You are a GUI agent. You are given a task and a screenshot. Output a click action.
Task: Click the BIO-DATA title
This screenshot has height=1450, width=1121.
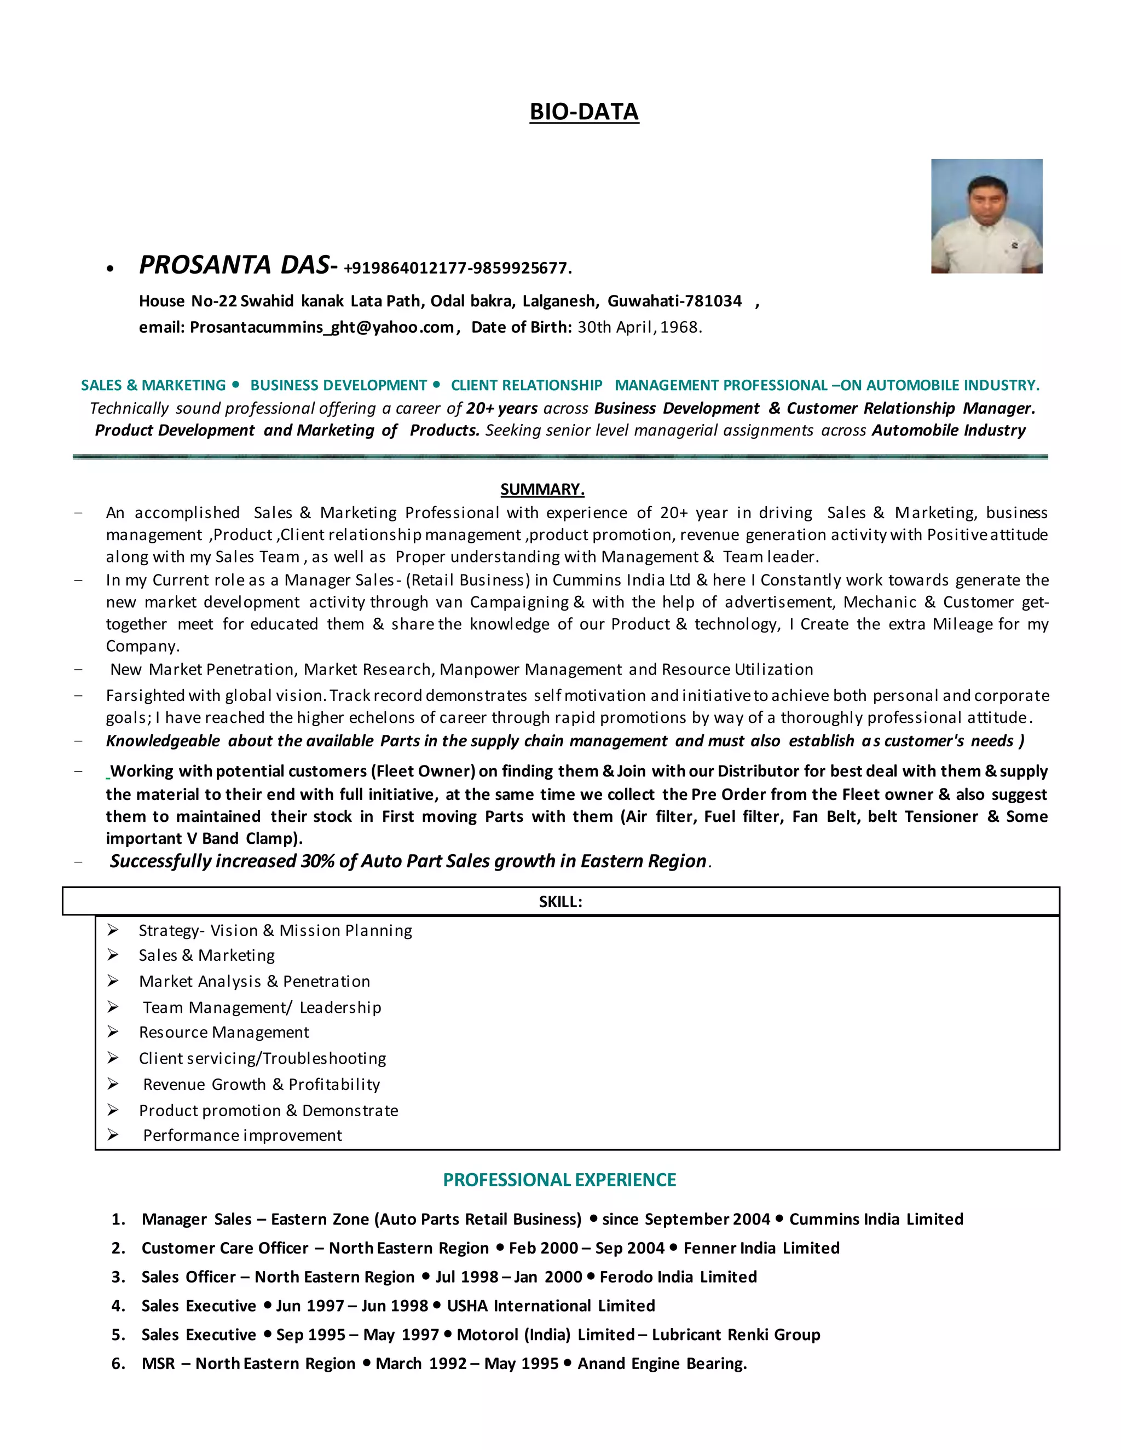point(583,112)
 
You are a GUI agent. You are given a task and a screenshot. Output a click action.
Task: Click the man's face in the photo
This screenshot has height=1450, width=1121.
point(987,202)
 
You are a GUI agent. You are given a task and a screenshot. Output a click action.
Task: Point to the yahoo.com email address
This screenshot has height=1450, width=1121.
point(321,327)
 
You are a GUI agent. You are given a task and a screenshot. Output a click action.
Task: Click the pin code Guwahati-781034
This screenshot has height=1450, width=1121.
point(674,301)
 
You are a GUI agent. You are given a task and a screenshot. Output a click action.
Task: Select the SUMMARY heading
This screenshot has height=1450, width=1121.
point(542,489)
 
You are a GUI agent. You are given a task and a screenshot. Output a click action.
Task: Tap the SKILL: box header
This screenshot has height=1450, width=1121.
point(560,902)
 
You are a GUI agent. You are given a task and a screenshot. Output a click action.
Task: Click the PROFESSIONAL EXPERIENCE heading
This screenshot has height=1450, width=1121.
point(559,1180)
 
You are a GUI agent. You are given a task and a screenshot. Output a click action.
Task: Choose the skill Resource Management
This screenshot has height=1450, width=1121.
point(224,1033)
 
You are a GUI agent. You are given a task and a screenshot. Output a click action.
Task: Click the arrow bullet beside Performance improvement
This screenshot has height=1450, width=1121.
point(113,1135)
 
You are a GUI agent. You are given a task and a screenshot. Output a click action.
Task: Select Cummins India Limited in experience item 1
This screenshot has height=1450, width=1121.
point(875,1219)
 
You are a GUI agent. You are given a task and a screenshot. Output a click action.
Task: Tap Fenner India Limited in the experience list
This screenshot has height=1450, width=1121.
point(761,1248)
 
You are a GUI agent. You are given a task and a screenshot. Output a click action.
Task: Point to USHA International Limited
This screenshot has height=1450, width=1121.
point(551,1306)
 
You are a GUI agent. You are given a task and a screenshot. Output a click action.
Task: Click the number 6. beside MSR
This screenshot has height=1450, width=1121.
point(118,1364)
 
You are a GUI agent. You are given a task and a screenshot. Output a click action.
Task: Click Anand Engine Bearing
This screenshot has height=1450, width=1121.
point(661,1364)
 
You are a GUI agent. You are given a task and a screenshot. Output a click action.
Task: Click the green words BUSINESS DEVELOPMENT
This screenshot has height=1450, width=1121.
point(338,386)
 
